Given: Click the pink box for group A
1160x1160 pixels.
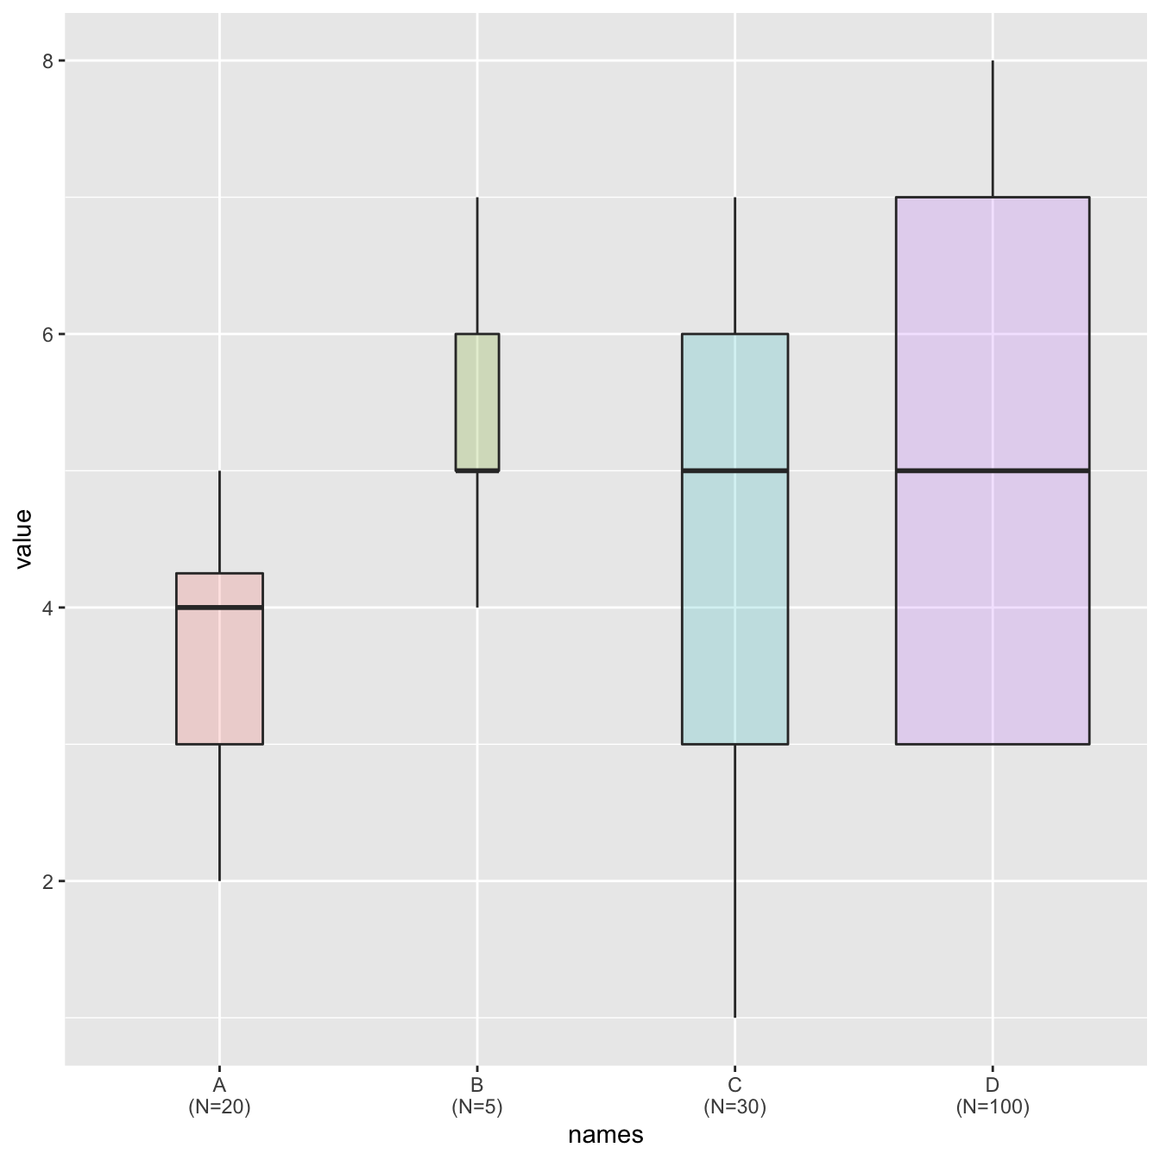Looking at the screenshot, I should [x=219, y=673].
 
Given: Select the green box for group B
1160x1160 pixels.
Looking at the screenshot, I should [x=477, y=401].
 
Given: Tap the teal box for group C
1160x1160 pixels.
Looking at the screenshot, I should [x=734, y=604].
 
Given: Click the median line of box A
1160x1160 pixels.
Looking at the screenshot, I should [x=219, y=608].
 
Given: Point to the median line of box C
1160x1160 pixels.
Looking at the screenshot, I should [x=734, y=470].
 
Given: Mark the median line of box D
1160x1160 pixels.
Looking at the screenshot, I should [x=993, y=470].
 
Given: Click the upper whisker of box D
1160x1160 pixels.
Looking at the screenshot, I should [x=993, y=129].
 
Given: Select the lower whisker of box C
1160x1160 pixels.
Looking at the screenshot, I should [x=734, y=880].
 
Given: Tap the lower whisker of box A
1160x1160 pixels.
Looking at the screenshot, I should [x=219, y=811].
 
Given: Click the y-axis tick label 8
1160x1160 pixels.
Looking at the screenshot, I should [x=47, y=60].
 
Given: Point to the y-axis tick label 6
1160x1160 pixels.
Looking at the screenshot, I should [x=47, y=334].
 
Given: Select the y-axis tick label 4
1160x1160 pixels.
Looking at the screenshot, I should [x=47, y=608].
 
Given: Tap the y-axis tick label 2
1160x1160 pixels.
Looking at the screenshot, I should [x=47, y=881].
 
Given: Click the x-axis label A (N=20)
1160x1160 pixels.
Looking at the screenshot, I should [x=219, y=1096].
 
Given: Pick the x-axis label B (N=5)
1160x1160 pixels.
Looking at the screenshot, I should [x=477, y=1096].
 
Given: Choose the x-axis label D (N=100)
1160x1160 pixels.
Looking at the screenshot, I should [x=993, y=1096].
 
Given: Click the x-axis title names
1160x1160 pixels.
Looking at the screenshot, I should [x=605, y=1135].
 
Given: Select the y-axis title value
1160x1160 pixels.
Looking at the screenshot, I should [x=23, y=539].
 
